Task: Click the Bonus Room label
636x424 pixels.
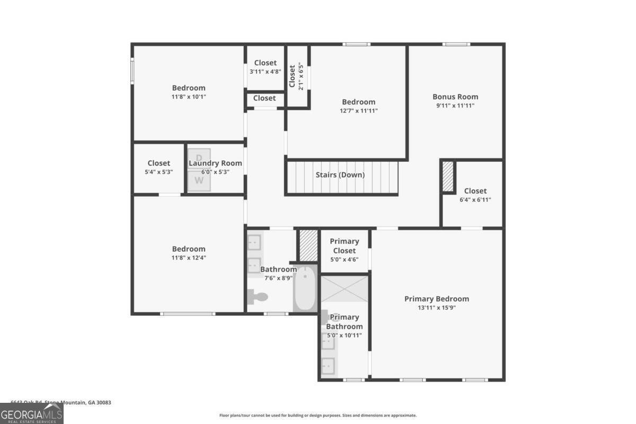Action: point(455,96)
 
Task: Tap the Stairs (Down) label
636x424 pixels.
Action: point(340,175)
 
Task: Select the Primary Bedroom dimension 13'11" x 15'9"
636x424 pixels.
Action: point(436,307)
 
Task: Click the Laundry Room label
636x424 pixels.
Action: point(215,163)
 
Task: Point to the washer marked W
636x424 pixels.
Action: point(199,180)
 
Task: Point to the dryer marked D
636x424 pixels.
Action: point(199,158)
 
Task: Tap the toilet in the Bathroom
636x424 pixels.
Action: point(258,297)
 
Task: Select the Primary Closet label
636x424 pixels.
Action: point(344,246)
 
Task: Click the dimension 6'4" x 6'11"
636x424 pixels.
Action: point(475,200)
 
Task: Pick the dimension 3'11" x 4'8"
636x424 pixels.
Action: point(265,72)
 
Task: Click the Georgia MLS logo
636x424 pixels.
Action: point(32,413)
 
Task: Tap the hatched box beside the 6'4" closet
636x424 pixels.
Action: point(448,177)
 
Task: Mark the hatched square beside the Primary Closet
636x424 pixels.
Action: point(308,245)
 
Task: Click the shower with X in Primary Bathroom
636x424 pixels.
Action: point(344,287)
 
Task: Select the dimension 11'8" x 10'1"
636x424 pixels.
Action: point(189,96)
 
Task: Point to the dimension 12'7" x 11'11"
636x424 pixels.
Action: point(359,111)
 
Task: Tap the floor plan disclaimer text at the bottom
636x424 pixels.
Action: point(318,416)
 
